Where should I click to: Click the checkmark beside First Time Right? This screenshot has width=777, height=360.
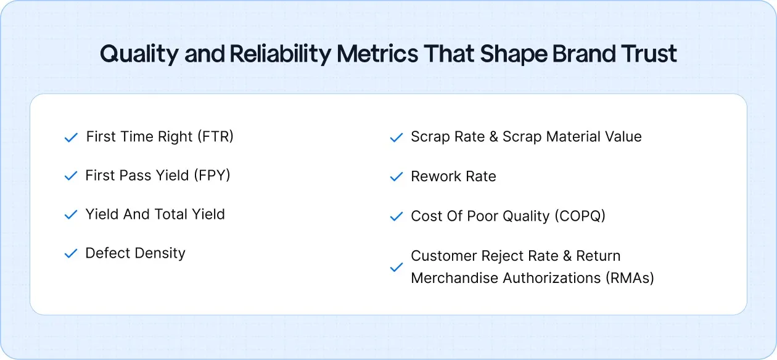coord(71,137)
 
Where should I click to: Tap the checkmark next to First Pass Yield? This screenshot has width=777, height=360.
coord(71,176)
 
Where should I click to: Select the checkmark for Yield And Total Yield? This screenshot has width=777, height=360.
coord(71,215)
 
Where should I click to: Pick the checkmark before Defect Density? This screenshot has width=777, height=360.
coord(71,254)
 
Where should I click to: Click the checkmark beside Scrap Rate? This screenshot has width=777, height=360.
coord(396,137)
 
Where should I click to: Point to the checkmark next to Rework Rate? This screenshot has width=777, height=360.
coord(396,177)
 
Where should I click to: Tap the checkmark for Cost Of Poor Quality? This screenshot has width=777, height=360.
coord(396,217)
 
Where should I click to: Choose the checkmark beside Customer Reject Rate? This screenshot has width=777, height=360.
coord(396,268)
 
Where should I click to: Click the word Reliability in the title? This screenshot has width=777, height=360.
coord(281,54)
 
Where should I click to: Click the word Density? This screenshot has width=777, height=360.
coord(161,253)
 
